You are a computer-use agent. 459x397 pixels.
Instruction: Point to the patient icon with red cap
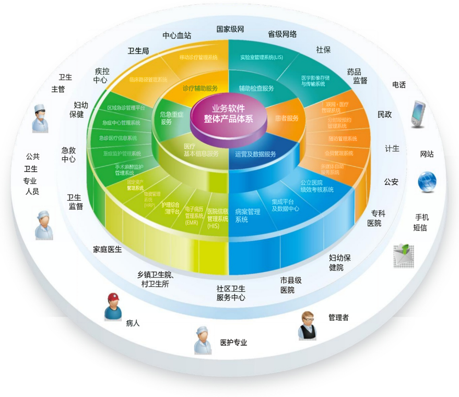coord(113,307)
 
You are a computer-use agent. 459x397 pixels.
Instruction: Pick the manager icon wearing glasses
coord(308,325)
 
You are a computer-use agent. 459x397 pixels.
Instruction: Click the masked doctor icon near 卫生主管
coord(41,118)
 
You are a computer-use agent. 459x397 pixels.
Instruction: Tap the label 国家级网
coord(230,29)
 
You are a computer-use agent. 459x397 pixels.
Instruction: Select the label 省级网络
coord(282,34)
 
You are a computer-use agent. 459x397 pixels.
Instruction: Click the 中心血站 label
coord(176,36)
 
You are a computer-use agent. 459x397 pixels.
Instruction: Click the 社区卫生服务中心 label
coord(230,293)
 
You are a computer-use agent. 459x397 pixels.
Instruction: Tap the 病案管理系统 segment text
coord(247,216)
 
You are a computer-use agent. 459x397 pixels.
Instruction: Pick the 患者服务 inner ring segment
coord(287,118)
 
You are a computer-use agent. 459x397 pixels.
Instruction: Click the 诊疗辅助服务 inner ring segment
coord(200,88)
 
